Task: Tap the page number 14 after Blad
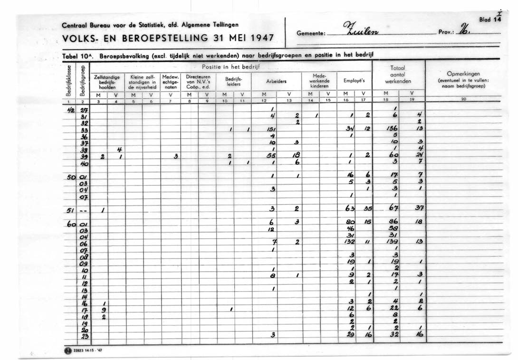[x=497, y=20]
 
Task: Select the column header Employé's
[x=355, y=81]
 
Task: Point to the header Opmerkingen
[x=463, y=74]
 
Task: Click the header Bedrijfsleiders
[x=233, y=81]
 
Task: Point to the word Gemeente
[x=311, y=34]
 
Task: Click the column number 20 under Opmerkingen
[x=463, y=99]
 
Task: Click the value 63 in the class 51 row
[x=351, y=209]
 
